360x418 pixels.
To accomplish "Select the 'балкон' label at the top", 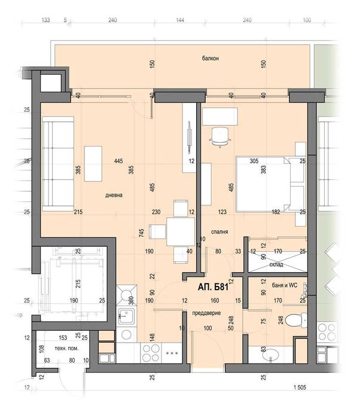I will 210,59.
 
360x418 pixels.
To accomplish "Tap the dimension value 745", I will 142,233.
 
